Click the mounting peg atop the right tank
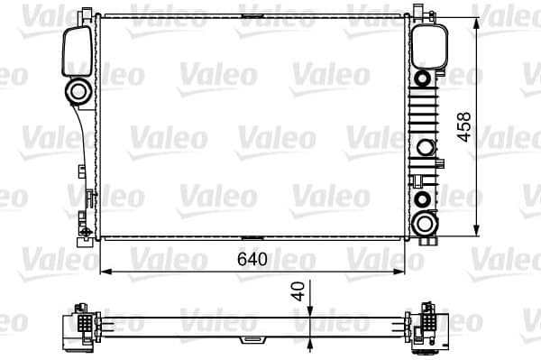click(420, 12)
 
